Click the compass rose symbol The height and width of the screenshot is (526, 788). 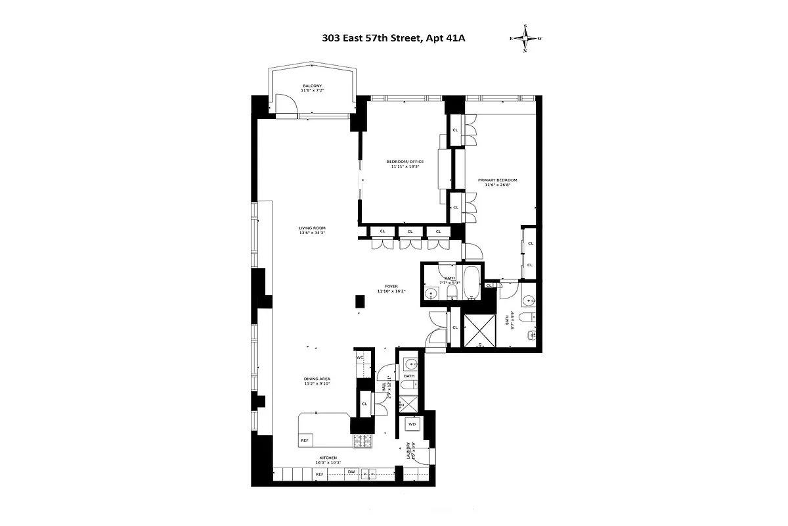click(525, 38)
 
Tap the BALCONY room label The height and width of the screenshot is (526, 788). click(312, 86)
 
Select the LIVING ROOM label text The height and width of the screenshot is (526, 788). click(312, 229)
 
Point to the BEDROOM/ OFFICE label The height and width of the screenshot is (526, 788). click(407, 162)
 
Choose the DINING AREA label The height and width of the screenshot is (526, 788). click(317, 379)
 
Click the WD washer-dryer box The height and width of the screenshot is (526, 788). click(412, 425)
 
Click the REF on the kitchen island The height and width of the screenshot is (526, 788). click(305, 441)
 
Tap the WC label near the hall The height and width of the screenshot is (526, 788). click(360, 357)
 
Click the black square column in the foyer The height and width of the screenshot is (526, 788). click(359, 301)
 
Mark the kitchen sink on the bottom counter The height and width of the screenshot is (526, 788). click(371, 473)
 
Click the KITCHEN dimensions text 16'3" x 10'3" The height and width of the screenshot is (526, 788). click(328, 462)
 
